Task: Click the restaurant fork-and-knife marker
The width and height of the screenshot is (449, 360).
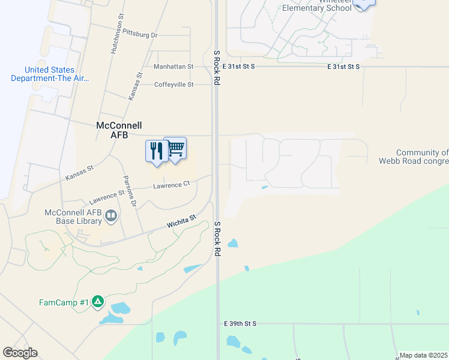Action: pyautogui.click(x=155, y=151)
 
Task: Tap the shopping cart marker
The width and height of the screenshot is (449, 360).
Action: pyautogui.click(x=175, y=148)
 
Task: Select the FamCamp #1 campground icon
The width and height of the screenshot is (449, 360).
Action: pyautogui.click(x=98, y=302)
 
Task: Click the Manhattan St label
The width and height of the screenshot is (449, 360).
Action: pyautogui.click(x=173, y=67)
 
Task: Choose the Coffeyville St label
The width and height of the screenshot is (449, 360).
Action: pyautogui.click(x=174, y=85)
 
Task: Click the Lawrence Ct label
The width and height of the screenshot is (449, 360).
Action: pyautogui.click(x=171, y=185)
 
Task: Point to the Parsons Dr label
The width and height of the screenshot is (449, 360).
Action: pyautogui.click(x=130, y=192)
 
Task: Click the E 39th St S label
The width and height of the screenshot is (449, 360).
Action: pyautogui.click(x=240, y=323)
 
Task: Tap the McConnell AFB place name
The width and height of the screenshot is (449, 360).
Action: pyautogui.click(x=119, y=130)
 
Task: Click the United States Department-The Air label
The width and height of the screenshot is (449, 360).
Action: pyautogui.click(x=50, y=74)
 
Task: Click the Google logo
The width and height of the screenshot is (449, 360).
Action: pyautogui.click(x=20, y=353)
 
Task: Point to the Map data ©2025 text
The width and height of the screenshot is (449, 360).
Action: pyautogui.click(x=423, y=355)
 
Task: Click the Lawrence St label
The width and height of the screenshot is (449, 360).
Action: pyautogui.click(x=106, y=195)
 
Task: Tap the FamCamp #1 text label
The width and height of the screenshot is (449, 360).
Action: pyautogui.click(x=64, y=302)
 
